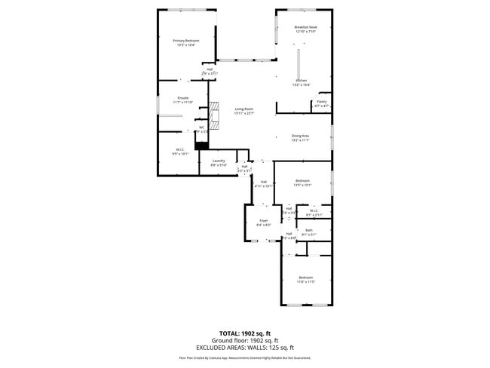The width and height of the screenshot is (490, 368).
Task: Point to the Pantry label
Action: (x=321, y=103)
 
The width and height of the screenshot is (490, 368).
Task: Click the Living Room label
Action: (x=243, y=111)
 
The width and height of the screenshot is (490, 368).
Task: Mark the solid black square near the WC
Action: (x=201, y=145)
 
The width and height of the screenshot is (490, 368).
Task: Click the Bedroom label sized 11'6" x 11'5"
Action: (x=305, y=279)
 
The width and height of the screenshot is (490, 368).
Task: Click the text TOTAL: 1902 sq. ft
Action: (x=244, y=333)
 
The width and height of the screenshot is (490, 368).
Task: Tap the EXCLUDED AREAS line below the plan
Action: (x=244, y=348)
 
